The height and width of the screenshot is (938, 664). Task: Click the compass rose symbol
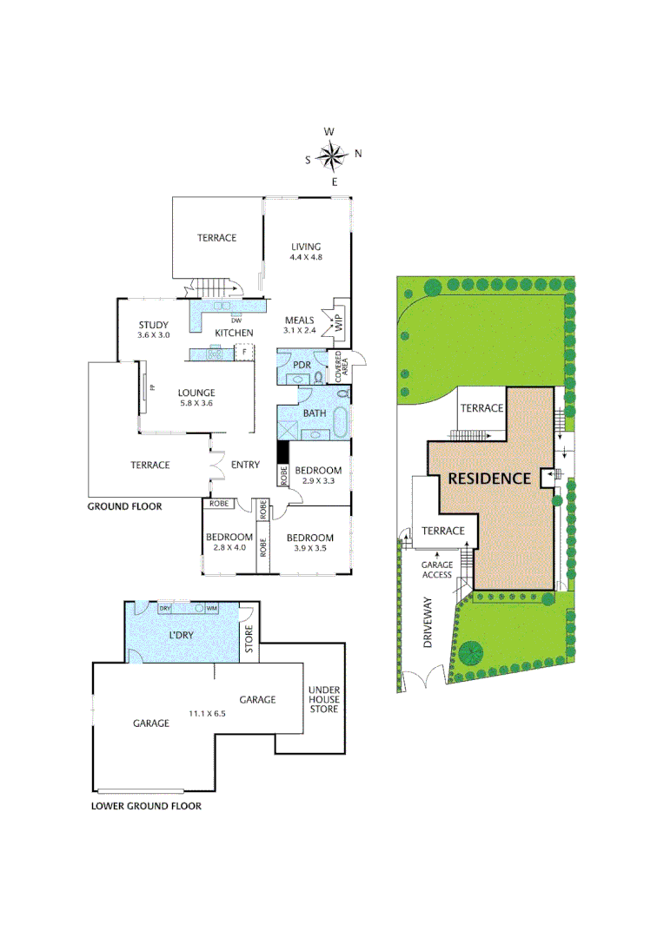pyautogui.click(x=331, y=156)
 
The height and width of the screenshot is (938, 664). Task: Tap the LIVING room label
pyautogui.click(x=306, y=246)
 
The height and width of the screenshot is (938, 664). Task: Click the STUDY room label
pyautogui.click(x=153, y=326)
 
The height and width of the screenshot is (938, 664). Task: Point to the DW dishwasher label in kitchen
pyautogui.click(x=235, y=320)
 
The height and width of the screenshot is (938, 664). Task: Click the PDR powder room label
pyautogui.click(x=302, y=364)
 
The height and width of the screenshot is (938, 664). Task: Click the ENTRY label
pyautogui.click(x=246, y=465)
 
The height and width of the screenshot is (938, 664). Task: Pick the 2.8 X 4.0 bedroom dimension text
pyautogui.click(x=229, y=547)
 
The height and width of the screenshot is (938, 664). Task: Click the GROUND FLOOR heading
pyautogui.click(x=124, y=506)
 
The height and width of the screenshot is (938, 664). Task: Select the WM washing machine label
pyautogui.click(x=211, y=608)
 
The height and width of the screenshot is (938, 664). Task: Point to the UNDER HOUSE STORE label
pyautogui.click(x=324, y=699)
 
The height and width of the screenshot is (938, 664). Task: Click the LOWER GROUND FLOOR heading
pyautogui.click(x=146, y=806)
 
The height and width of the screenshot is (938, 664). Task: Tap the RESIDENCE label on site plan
pyautogui.click(x=488, y=478)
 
